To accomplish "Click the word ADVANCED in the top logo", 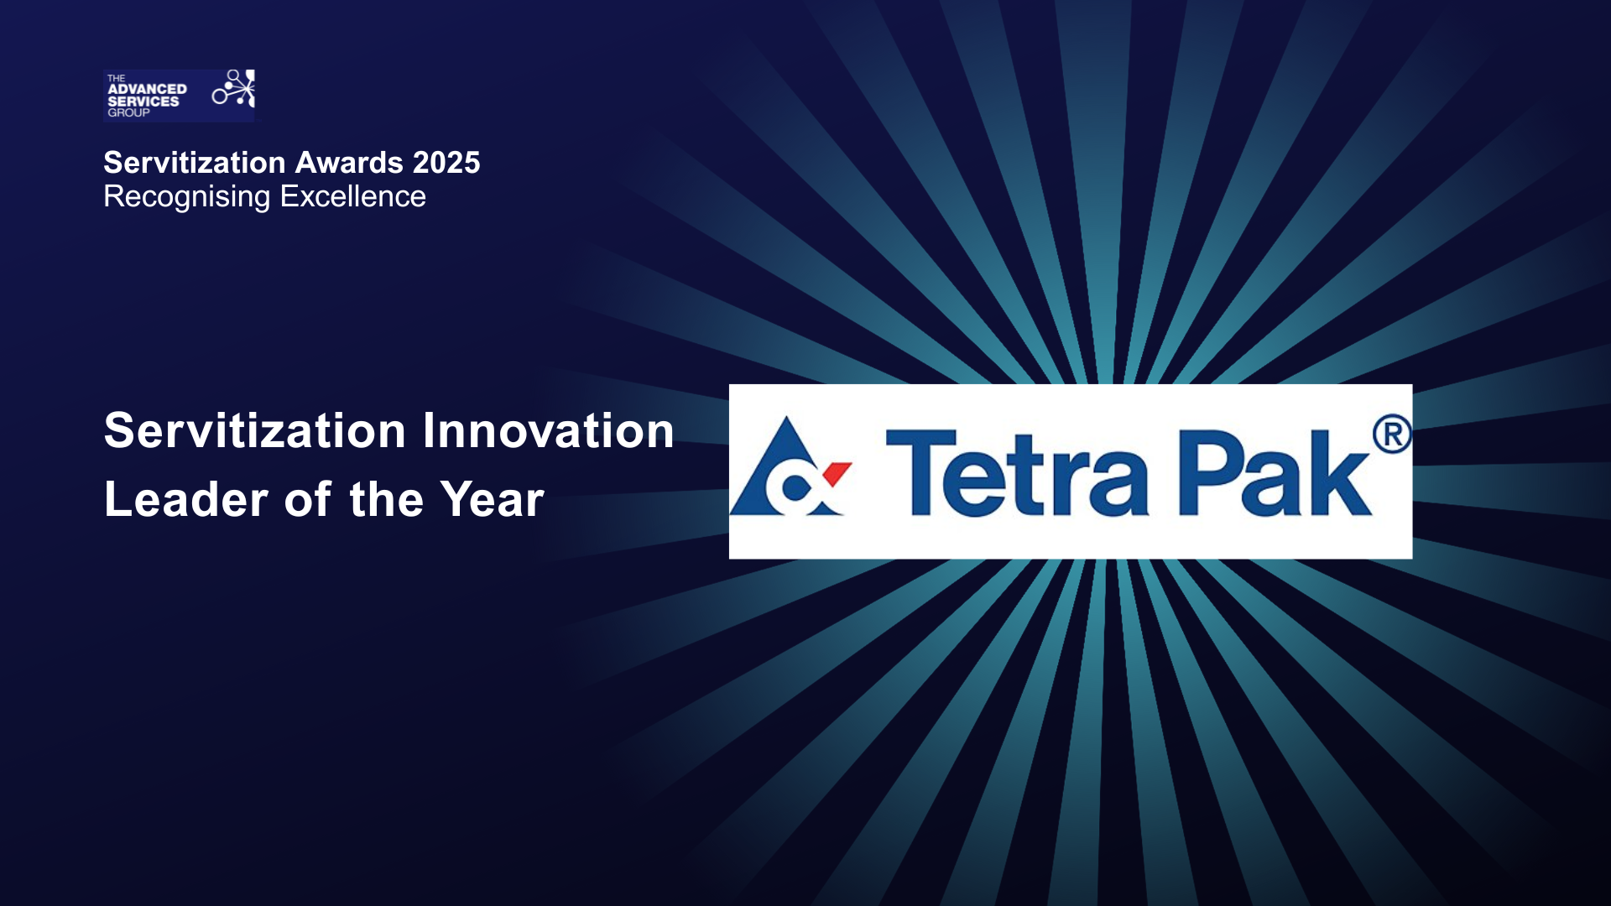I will [x=147, y=89].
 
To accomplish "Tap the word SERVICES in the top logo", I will [x=143, y=101].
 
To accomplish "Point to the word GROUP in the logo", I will [x=128, y=112].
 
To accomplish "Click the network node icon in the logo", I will [x=234, y=89].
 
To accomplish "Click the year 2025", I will [x=446, y=163].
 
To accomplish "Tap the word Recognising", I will [x=187, y=196].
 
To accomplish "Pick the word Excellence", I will [x=352, y=196].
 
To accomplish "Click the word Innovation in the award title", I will [x=548, y=430].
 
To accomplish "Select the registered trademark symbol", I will [x=1392, y=435].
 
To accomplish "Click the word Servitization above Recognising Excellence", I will [x=195, y=163].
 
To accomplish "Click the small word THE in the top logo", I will [x=116, y=78].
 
